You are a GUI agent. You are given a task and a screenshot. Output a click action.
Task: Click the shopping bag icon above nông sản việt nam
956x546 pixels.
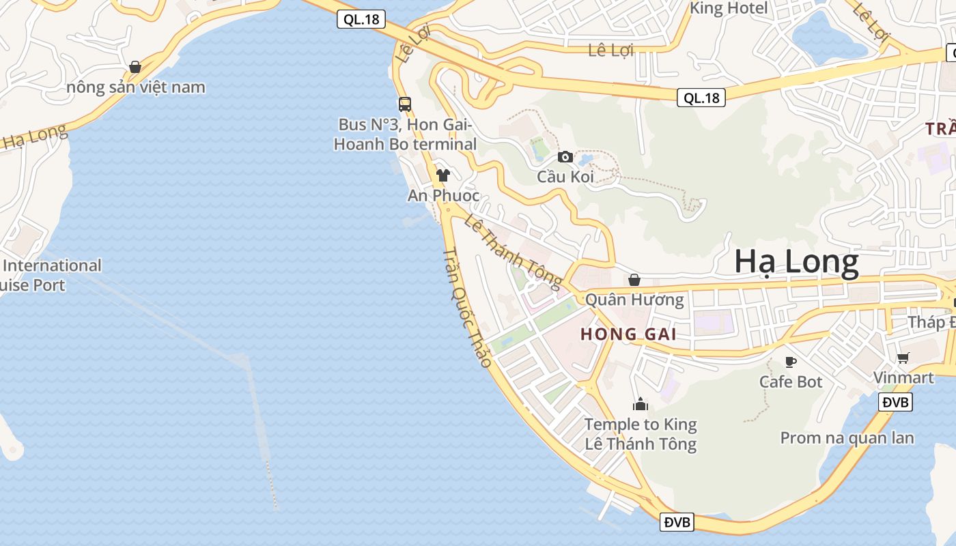click(135, 67)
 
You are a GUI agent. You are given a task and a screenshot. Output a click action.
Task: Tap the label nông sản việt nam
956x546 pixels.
click(136, 87)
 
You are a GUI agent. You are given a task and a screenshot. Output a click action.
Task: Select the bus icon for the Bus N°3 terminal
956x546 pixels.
click(405, 104)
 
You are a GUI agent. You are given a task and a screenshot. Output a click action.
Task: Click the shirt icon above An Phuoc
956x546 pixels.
click(443, 175)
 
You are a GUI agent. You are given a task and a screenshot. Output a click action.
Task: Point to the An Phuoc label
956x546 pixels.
click(444, 196)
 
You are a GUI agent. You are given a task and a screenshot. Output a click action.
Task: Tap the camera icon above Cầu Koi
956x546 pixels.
click(565, 157)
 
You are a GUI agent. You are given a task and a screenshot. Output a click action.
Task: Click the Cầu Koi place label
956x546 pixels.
click(565, 177)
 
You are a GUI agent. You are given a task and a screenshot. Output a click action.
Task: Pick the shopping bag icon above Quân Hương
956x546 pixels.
click(634, 280)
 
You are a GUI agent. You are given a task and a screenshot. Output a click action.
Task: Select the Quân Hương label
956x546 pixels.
click(634, 300)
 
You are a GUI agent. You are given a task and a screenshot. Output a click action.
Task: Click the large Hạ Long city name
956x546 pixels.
click(796, 263)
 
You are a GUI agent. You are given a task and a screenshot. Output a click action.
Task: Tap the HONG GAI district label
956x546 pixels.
click(628, 334)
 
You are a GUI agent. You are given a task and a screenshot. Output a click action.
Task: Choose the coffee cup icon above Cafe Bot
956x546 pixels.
click(791, 362)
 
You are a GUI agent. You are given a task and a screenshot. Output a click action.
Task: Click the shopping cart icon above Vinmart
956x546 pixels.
click(903, 358)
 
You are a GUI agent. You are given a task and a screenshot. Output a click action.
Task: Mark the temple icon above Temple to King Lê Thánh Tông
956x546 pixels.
click(640, 405)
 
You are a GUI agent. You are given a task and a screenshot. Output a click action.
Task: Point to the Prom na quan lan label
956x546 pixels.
click(847, 438)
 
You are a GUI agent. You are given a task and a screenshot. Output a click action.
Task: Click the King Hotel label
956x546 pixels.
click(729, 9)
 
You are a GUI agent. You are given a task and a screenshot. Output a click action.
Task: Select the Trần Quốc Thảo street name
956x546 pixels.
click(467, 307)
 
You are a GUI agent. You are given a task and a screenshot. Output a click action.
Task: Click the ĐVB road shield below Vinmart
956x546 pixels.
click(896, 403)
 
